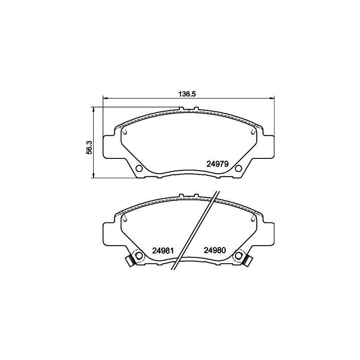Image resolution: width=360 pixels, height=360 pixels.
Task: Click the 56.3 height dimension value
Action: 89,147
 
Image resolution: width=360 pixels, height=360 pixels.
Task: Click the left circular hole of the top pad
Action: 139,169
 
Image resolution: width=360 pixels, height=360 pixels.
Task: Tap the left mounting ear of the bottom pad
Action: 111,234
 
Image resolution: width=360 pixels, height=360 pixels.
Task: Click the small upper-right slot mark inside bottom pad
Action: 251,219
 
